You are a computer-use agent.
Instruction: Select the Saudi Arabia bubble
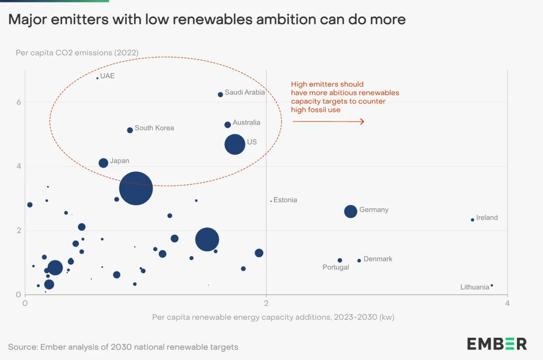[x=221, y=94]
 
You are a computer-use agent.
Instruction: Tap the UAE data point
[x=98, y=78]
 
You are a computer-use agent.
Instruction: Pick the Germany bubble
[x=351, y=211]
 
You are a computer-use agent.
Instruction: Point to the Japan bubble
[x=103, y=163]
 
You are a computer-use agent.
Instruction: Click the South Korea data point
[x=130, y=130]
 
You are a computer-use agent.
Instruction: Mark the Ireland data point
[x=472, y=219]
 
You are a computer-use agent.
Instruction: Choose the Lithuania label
[x=475, y=287]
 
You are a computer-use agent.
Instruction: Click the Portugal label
[x=336, y=268]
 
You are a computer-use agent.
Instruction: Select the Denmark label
[x=378, y=259]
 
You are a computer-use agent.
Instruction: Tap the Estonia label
[x=285, y=200]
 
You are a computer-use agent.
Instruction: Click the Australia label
[x=247, y=122]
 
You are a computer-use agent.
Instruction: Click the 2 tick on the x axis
[x=266, y=303]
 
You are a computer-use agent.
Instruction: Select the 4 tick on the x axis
[x=507, y=303]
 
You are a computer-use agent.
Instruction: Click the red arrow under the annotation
[x=328, y=121]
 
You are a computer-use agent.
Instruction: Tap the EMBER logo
[x=497, y=344]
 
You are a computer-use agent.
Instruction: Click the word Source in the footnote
[x=23, y=347]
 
